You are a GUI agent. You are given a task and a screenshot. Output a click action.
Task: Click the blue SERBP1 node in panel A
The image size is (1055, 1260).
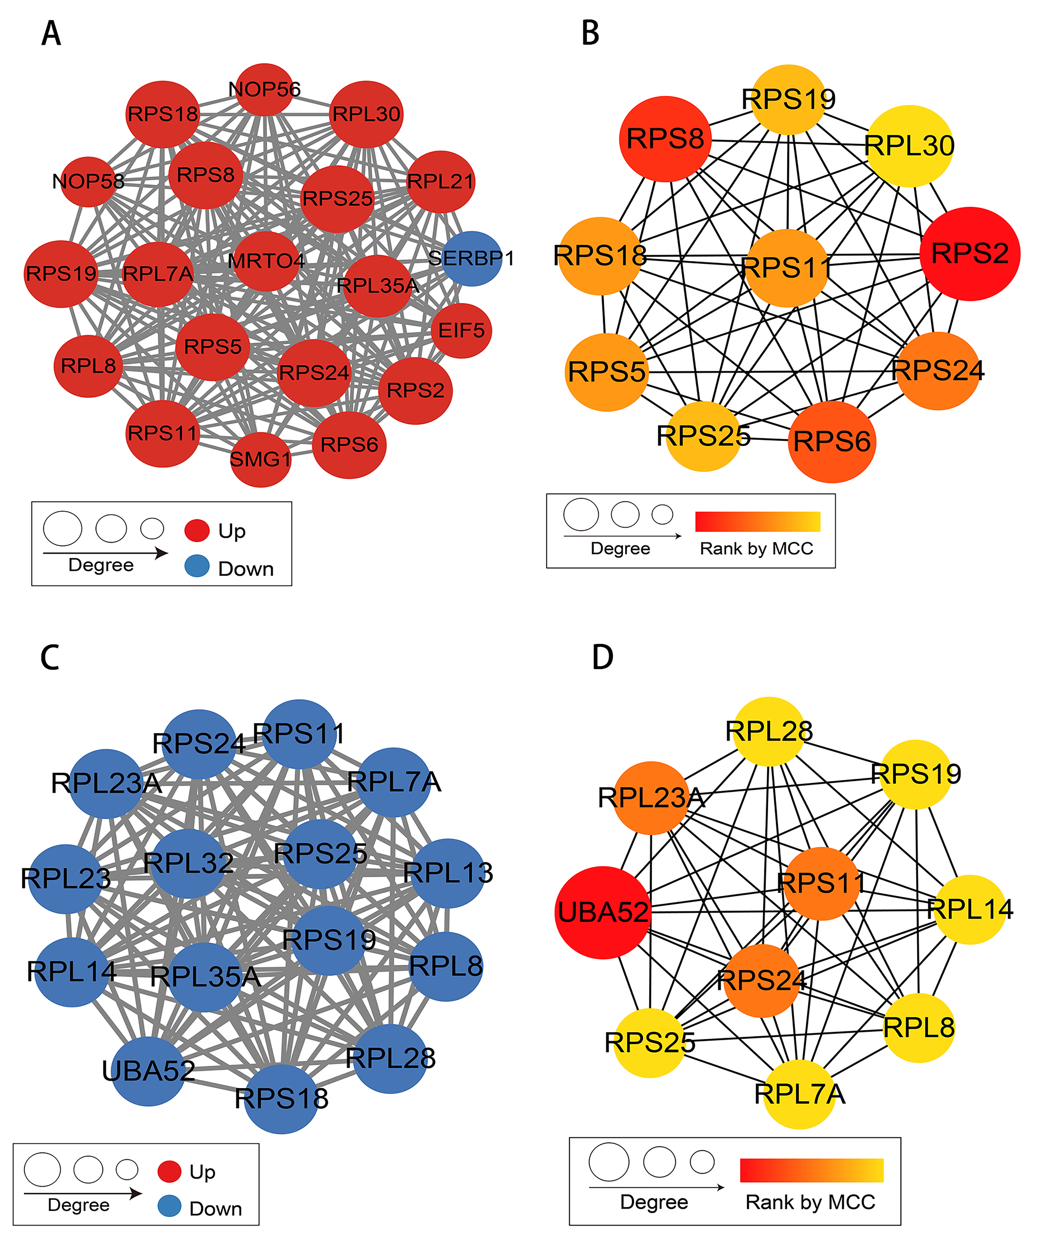pyautogui.click(x=472, y=259)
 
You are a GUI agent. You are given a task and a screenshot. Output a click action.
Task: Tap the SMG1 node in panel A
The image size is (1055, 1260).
pyautogui.click(x=260, y=459)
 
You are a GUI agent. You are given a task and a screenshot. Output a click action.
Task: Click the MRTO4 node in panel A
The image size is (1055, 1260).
pyautogui.click(x=266, y=261)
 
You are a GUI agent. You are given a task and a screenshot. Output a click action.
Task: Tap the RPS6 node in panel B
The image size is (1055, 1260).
pyautogui.click(x=832, y=442)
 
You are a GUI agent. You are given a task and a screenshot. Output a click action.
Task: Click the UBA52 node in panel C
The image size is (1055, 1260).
pyautogui.click(x=148, y=1071)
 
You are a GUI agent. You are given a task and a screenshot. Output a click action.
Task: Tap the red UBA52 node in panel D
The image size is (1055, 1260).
pyautogui.click(x=603, y=912)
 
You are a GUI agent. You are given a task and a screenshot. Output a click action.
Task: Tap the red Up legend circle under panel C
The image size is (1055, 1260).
pyautogui.click(x=169, y=1171)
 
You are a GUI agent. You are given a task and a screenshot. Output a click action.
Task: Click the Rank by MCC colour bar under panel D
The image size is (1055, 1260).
pyautogui.click(x=811, y=1170)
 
